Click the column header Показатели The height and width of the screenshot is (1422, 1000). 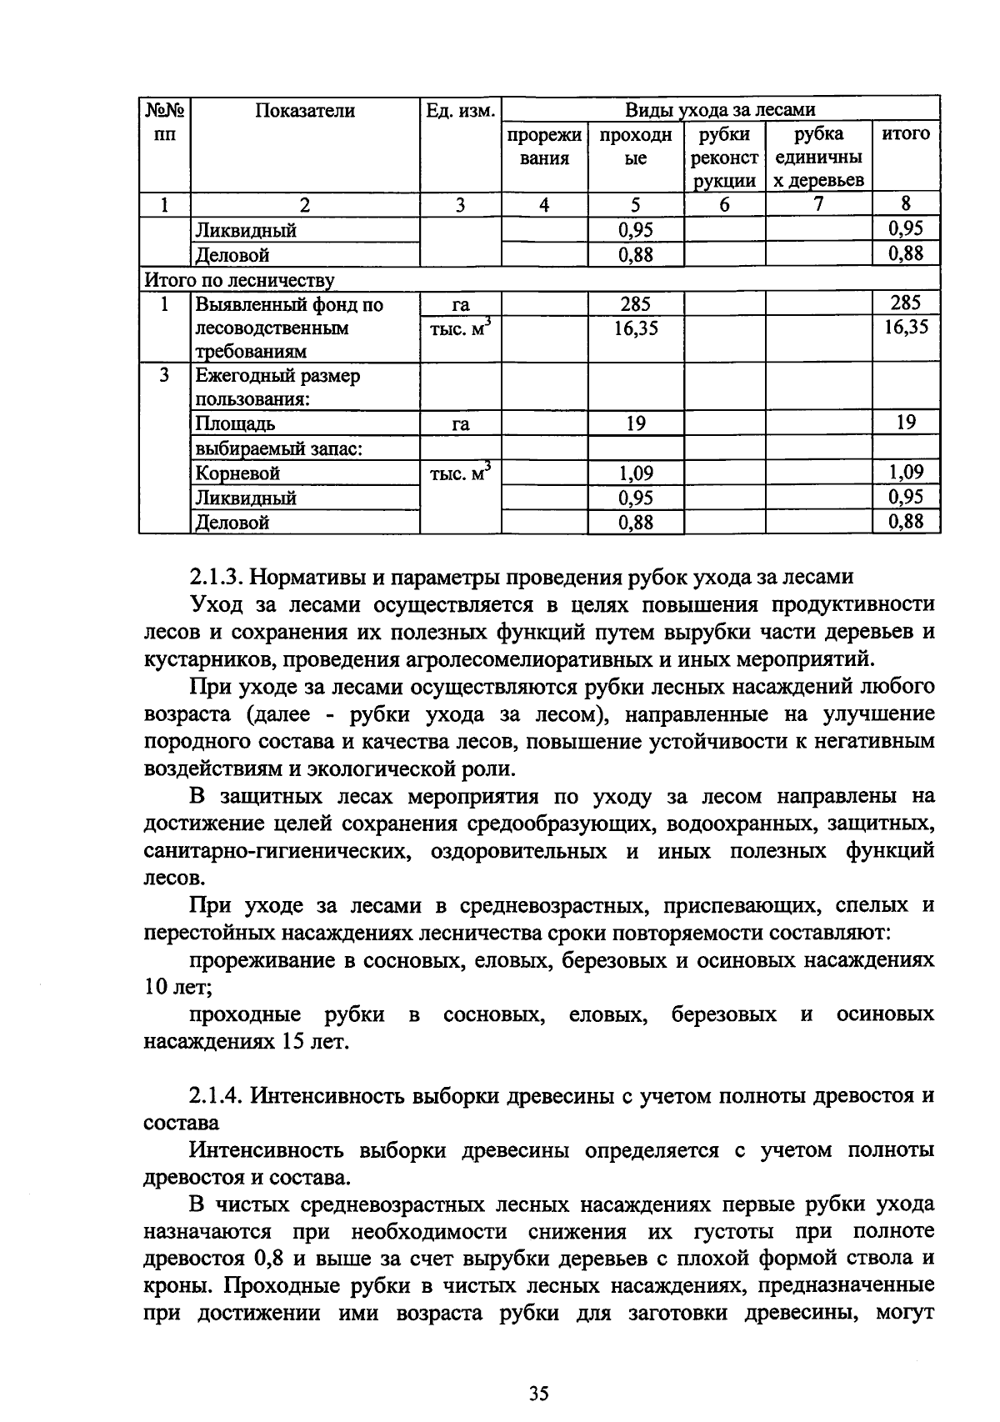[x=305, y=111]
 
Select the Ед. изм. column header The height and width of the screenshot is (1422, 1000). [x=461, y=111]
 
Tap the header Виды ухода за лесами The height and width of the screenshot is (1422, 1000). [x=721, y=109]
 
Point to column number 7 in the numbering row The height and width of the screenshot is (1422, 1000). [x=818, y=204]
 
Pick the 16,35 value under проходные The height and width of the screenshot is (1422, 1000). [x=636, y=328]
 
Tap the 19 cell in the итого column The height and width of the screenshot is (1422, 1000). [x=906, y=423]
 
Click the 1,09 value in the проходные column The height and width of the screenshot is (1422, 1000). [x=636, y=473]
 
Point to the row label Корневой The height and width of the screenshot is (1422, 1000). [x=237, y=473]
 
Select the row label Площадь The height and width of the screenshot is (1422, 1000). [x=235, y=423]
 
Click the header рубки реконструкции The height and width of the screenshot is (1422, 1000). [x=724, y=158]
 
